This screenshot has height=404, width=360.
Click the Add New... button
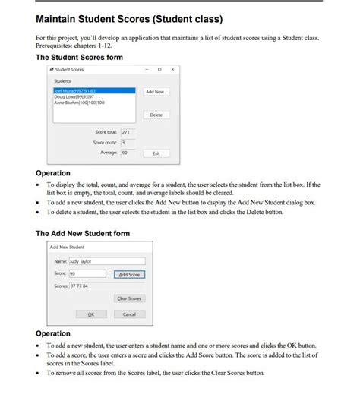[x=156, y=91]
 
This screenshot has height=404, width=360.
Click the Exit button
[x=156, y=153]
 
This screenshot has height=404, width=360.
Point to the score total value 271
[x=126, y=132]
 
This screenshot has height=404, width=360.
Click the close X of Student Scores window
[x=173, y=69]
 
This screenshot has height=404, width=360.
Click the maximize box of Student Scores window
[x=160, y=69]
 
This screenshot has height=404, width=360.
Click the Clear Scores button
[x=129, y=298]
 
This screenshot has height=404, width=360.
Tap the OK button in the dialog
[x=91, y=314]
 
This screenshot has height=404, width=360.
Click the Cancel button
[x=129, y=314]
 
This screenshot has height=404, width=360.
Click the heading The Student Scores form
[x=79, y=57]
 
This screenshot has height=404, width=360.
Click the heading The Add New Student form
[x=83, y=233]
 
